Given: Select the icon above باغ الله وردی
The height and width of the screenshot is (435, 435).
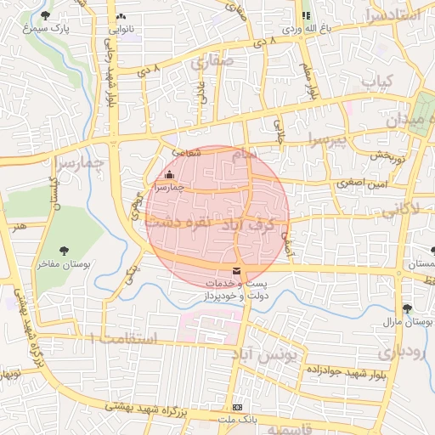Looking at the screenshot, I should pos(306,15).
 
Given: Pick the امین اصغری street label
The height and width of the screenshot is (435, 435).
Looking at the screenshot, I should pos(361,183).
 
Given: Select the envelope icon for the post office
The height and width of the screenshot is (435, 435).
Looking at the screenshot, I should pos(235,270).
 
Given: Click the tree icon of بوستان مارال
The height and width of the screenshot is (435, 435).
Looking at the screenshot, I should pos(409,308).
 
